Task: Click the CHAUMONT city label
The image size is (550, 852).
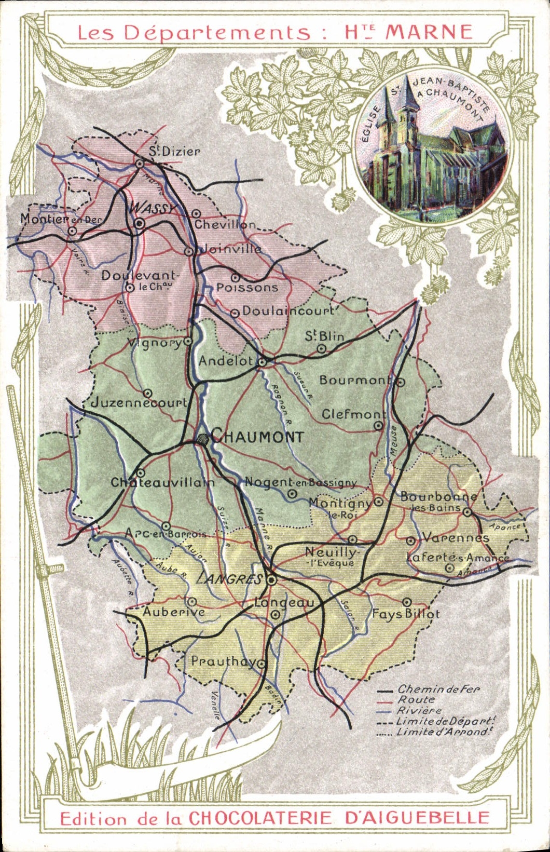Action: point(257,436)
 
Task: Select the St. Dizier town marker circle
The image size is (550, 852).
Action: point(140,163)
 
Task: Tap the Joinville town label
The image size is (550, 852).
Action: point(231,249)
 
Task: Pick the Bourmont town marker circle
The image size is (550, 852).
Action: point(401,382)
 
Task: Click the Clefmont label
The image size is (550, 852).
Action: point(354,414)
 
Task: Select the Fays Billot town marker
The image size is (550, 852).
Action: point(407,602)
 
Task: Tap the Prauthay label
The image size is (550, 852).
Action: point(223,661)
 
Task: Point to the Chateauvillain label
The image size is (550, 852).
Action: point(163,482)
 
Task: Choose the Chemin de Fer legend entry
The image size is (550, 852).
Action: point(438,689)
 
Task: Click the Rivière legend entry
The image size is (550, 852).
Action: point(419,711)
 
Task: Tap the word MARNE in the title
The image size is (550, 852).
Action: point(429,32)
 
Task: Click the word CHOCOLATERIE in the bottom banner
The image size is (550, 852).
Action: point(260,818)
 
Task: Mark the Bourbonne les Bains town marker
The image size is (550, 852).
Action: point(467,512)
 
